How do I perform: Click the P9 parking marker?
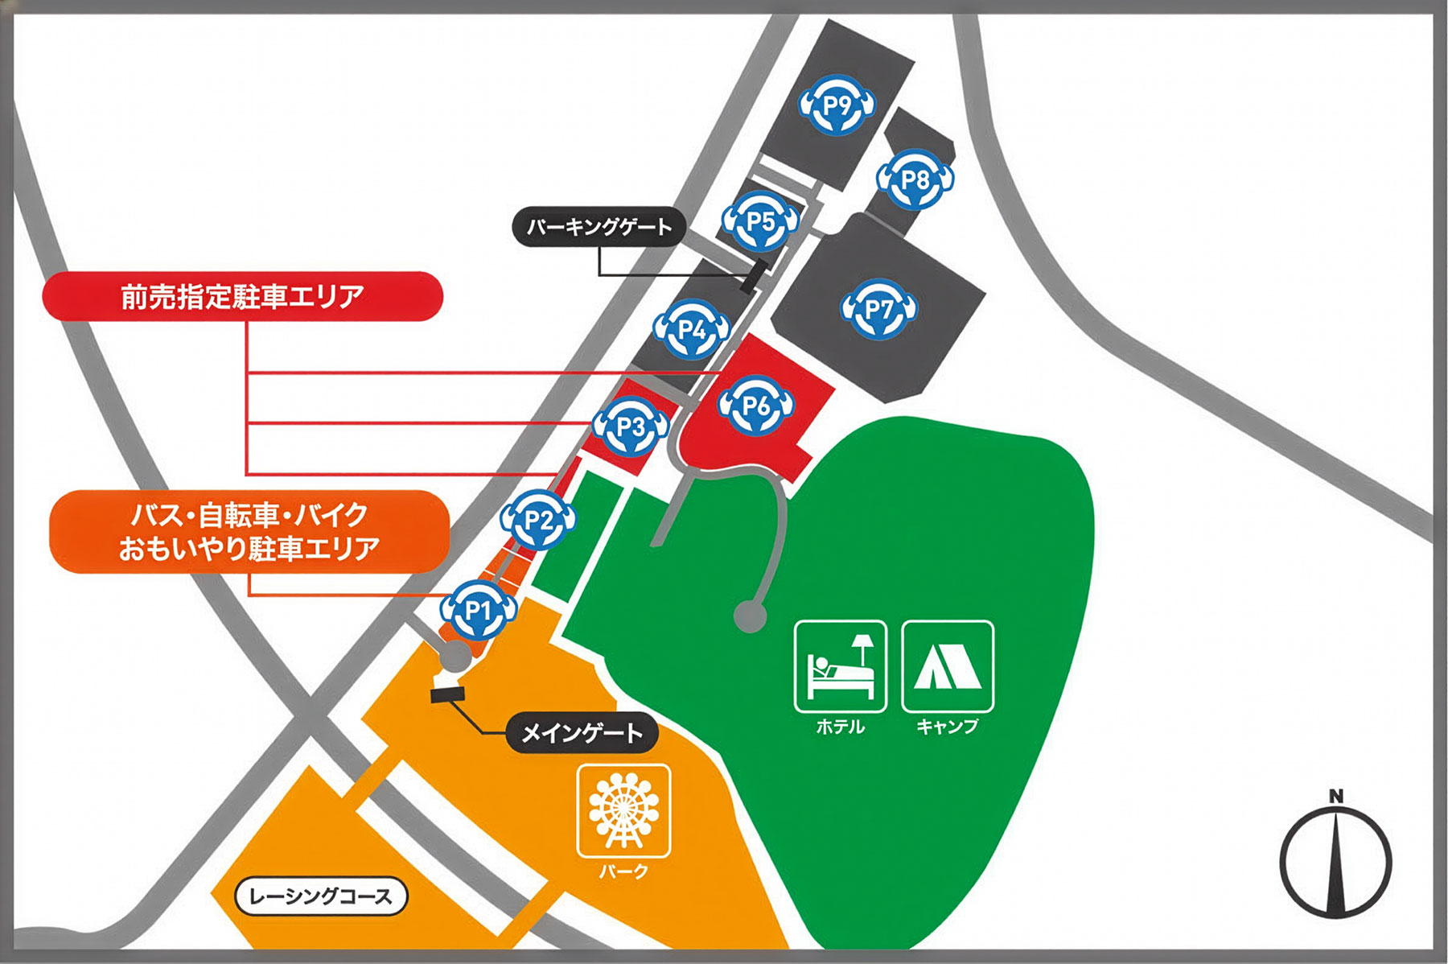tap(837, 105)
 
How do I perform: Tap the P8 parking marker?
tap(915, 179)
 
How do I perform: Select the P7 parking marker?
tap(879, 309)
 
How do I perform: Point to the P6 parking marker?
tap(756, 406)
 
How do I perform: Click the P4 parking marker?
tap(692, 329)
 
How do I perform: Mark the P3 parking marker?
tap(631, 426)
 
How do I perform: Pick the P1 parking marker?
tap(479, 611)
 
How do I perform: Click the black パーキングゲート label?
tap(599, 227)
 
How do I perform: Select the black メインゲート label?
tap(582, 733)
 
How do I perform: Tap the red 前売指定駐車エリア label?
tap(242, 297)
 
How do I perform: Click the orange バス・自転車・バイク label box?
tap(249, 532)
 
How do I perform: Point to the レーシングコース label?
tap(321, 896)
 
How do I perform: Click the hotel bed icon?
tap(841, 666)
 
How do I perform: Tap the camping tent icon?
tap(948, 666)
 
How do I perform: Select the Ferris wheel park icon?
tap(623, 810)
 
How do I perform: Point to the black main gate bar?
tap(448, 694)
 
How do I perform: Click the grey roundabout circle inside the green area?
tap(750, 616)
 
